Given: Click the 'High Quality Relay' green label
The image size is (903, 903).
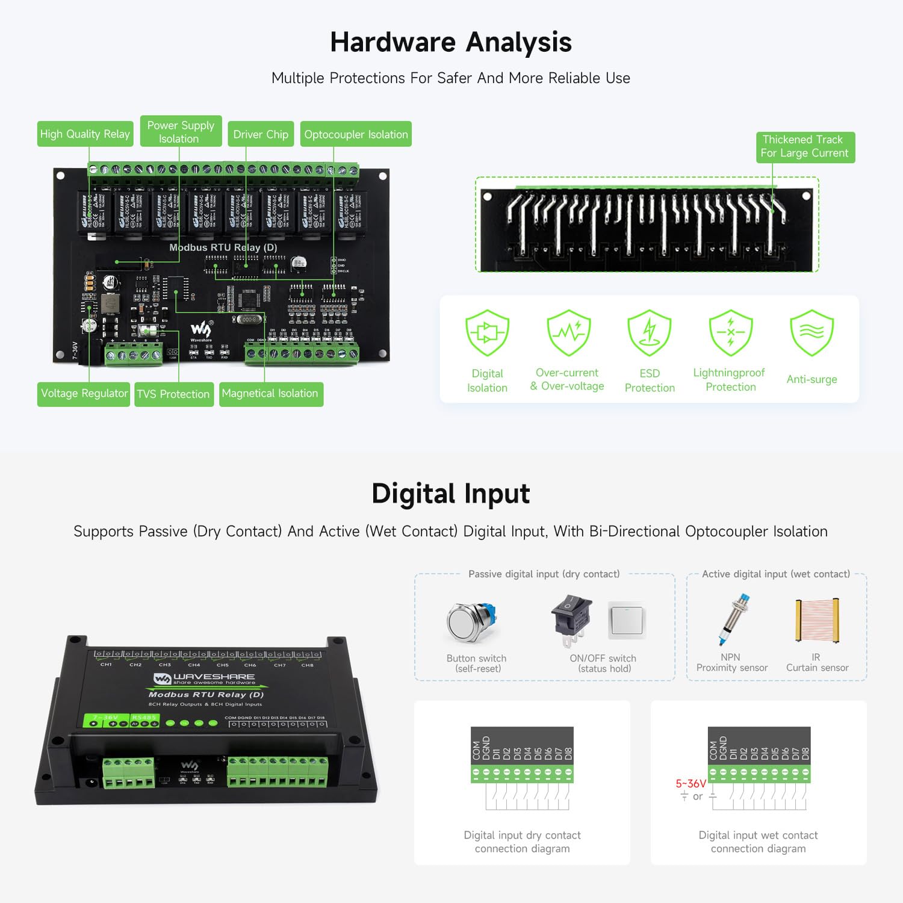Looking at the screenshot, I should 85,134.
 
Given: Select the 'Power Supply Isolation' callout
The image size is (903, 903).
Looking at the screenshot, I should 181,132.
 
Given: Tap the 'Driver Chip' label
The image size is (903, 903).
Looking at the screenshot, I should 261,134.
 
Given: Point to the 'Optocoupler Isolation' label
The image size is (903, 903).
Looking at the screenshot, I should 356,134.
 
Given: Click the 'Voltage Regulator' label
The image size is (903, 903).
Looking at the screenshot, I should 84,394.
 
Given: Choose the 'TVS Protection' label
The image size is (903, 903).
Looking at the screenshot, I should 173,394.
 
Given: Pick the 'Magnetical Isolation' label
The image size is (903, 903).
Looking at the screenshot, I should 270,394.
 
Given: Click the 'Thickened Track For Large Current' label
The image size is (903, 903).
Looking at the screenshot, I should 805,146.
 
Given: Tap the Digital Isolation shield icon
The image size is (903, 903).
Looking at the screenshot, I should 487,332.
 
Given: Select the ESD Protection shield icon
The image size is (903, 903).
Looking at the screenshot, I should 649,332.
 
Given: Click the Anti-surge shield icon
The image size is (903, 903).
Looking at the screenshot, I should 811,332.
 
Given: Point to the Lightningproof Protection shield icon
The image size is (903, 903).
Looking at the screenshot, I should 730,332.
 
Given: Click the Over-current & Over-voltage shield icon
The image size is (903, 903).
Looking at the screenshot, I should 568,332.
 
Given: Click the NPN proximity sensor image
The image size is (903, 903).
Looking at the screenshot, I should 733,620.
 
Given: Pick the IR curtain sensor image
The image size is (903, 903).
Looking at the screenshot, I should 817,621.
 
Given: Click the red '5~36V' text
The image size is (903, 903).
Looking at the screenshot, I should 690,783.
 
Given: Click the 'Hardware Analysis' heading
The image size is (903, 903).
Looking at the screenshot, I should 451,42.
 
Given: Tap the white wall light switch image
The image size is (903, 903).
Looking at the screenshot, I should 626,620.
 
